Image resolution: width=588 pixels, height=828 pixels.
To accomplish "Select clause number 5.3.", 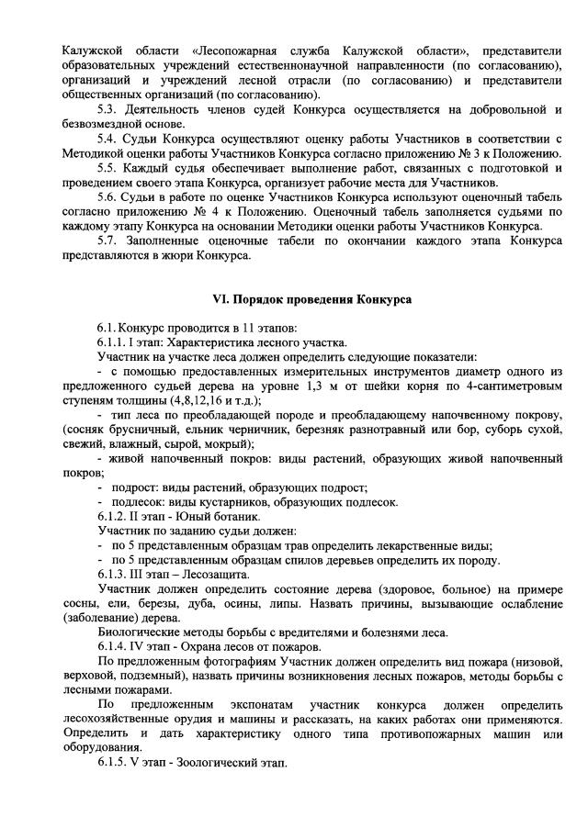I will pyautogui.click(x=109, y=110).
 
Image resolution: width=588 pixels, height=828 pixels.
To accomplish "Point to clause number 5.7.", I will pyautogui.click(x=109, y=241).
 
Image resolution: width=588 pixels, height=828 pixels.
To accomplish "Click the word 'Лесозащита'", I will pyautogui.click(x=222, y=574).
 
